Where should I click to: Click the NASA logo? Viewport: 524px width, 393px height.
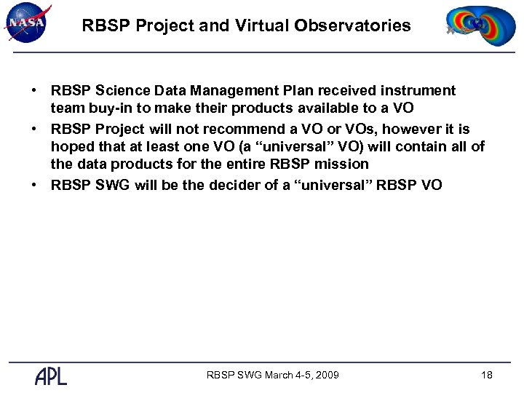click(27, 23)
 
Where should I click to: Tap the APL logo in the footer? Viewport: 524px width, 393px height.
click(50, 376)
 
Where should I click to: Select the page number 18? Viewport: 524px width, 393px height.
click(487, 376)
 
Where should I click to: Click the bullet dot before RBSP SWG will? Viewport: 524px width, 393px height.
click(34, 185)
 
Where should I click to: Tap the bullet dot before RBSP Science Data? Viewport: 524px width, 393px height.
click(34, 91)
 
